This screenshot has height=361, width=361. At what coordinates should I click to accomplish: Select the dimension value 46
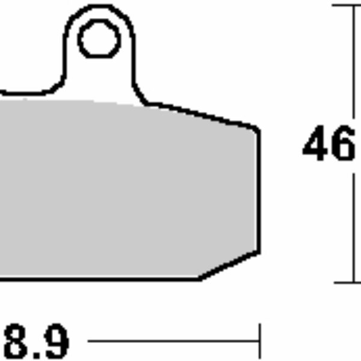[x=329, y=146]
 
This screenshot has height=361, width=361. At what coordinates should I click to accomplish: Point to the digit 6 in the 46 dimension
[x=342, y=146]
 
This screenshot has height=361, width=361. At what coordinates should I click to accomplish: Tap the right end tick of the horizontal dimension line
[x=259, y=342]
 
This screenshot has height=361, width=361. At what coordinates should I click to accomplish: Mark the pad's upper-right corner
[x=259, y=128]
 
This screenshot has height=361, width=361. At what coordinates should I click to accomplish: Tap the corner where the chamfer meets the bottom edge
[x=200, y=279]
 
